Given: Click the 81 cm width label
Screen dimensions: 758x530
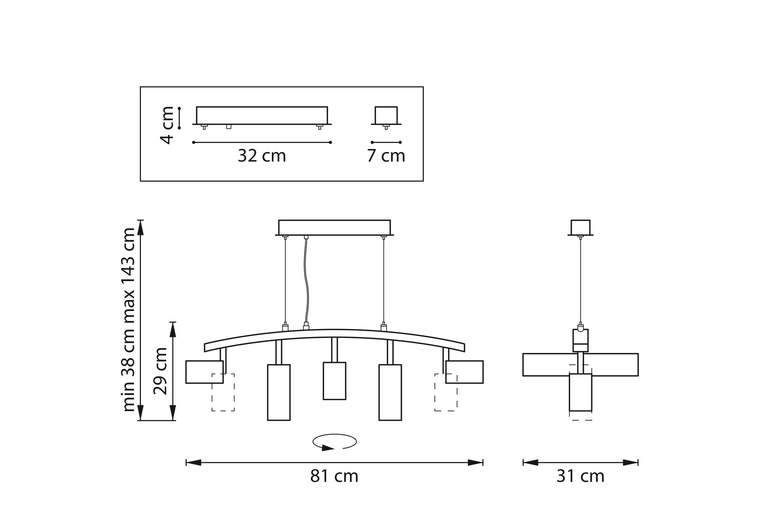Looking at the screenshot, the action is [x=334, y=476].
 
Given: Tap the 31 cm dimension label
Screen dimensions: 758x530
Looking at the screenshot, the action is [x=580, y=476].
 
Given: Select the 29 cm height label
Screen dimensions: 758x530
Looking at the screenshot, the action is [x=160, y=371].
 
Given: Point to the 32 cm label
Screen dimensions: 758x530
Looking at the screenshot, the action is [x=262, y=155].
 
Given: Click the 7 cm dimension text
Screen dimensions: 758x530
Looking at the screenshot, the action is [x=386, y=155].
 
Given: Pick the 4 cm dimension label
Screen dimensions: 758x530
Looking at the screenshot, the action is [x=167, y=125].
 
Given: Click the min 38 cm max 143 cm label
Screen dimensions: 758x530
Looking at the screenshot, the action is [x=128, y=320].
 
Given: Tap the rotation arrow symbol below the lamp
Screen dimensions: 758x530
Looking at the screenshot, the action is [x=335, y=442].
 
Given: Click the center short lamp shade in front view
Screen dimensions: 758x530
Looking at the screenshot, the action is [x=334, y=381].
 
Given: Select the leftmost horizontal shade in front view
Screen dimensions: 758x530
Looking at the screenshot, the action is [x=204, y=372].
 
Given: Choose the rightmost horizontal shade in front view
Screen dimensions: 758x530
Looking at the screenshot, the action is [x=464, y=372].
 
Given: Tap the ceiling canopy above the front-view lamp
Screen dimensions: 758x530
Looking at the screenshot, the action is [x=335, y=227].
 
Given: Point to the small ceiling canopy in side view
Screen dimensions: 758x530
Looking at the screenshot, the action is [x=580, y=227].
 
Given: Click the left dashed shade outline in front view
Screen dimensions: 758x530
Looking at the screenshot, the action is [x=223, y=392].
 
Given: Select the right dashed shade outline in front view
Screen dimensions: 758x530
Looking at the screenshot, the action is [x=446, y=392].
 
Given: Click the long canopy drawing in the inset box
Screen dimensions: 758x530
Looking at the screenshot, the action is [x=262, y=116].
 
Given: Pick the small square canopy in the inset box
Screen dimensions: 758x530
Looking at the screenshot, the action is [x=386, y=116].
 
